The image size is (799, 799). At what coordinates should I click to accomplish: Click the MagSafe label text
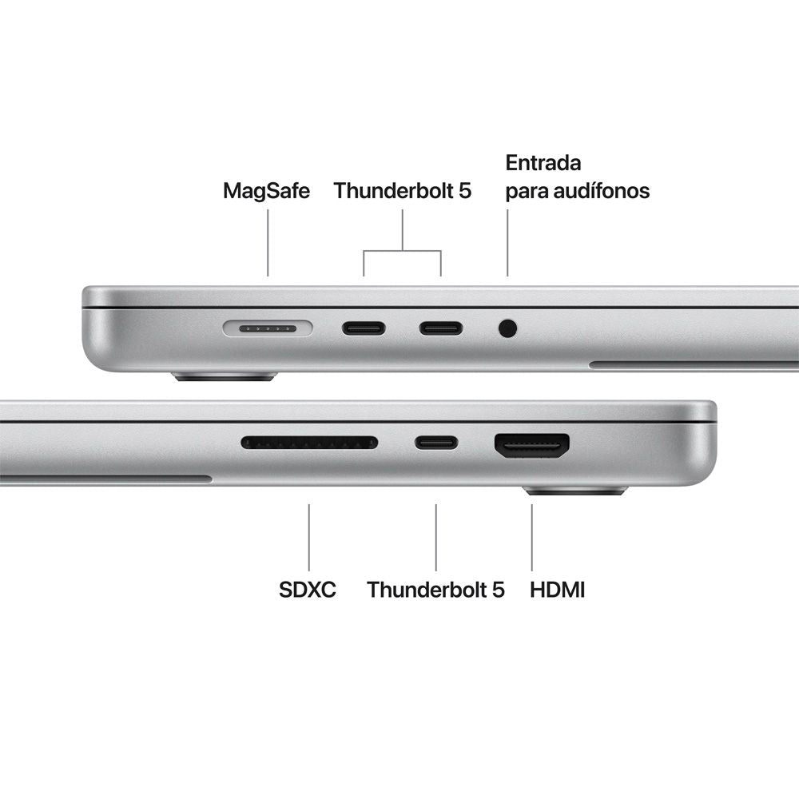point(266,191)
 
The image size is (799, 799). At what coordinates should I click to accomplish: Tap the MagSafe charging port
point(268,328)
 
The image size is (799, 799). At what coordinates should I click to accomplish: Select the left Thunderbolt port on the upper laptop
point(364,328)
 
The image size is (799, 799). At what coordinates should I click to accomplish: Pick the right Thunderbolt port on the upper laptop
point(441,328)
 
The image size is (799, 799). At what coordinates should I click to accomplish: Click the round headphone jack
point(507,328)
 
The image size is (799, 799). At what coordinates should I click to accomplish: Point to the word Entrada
point(543,163)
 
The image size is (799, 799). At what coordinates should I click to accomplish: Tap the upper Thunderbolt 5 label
point(403,191)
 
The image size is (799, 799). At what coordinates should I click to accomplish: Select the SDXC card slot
point(309,442)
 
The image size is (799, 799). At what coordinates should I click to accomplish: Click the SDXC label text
point(308,590)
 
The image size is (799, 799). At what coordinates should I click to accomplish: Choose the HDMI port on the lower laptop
point(532,445)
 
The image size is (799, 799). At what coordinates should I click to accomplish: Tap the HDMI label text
point(558,590)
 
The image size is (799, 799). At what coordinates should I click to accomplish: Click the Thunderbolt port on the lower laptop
point(436,442)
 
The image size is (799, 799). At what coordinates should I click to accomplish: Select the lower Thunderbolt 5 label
point(435,590)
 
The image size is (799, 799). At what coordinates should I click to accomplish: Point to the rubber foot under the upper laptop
point(225,375)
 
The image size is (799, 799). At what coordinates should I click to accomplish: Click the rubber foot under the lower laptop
point(575,490)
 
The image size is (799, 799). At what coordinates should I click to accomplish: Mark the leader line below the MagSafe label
point(268,243)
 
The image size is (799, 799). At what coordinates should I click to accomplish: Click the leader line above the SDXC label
point(309,536)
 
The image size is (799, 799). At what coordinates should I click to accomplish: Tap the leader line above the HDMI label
point(532,536)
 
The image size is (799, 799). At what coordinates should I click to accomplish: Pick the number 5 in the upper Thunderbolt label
point(465,191)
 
